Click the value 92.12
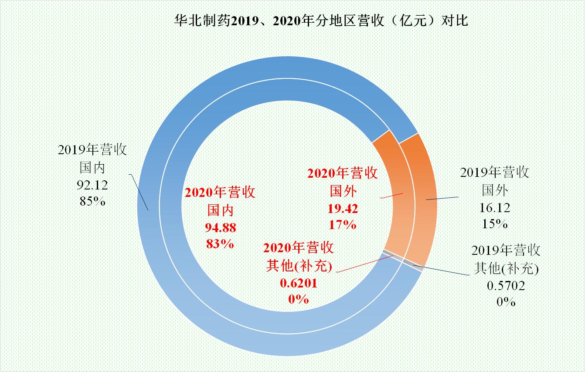[92, 185]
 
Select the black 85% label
[92, 202]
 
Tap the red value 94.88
[220, 227]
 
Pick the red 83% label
[220, 243]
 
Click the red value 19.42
[343, 209]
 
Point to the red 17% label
[343, 225]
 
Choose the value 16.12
[495, 208]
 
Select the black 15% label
[495, 224]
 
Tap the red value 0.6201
[299, 283]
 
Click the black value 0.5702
[506, 285]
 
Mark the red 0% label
[299, 300]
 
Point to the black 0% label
[506, 301]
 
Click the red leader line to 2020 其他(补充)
[362, 264]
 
